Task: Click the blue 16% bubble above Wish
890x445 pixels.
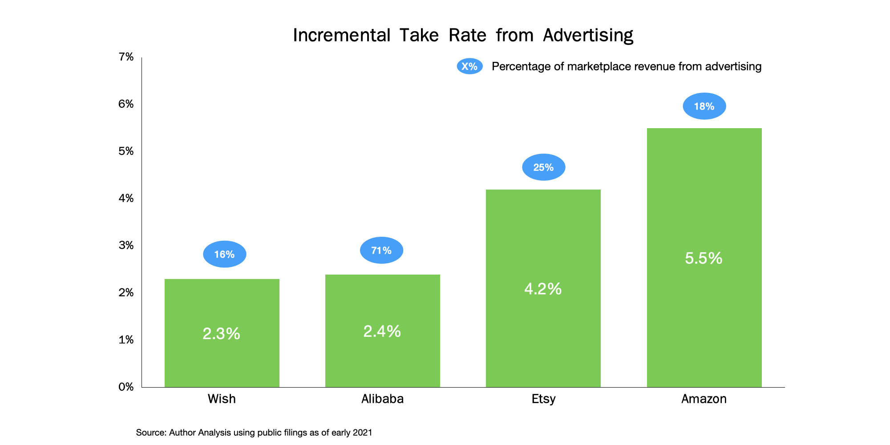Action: [225, 254]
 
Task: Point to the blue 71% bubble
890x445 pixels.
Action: [381, 250]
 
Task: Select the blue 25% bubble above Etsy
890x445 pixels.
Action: [543, 167]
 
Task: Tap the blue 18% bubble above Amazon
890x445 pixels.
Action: [704, 106]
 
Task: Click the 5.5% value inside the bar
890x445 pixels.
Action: [704, 258]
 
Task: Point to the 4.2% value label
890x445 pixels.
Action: [543, 289]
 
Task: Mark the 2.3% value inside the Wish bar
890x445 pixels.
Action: [221, 334]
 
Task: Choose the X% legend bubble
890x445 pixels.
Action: [469, 66]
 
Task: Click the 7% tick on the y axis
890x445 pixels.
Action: [126, 57]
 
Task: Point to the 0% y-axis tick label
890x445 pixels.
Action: [126, 387]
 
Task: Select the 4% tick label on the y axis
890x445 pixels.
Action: [126, 198]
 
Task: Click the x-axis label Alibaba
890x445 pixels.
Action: [382, 399]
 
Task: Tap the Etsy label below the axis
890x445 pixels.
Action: [543, 399]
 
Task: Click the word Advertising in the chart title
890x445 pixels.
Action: [588, 35]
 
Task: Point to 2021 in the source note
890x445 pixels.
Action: [362, 433]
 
